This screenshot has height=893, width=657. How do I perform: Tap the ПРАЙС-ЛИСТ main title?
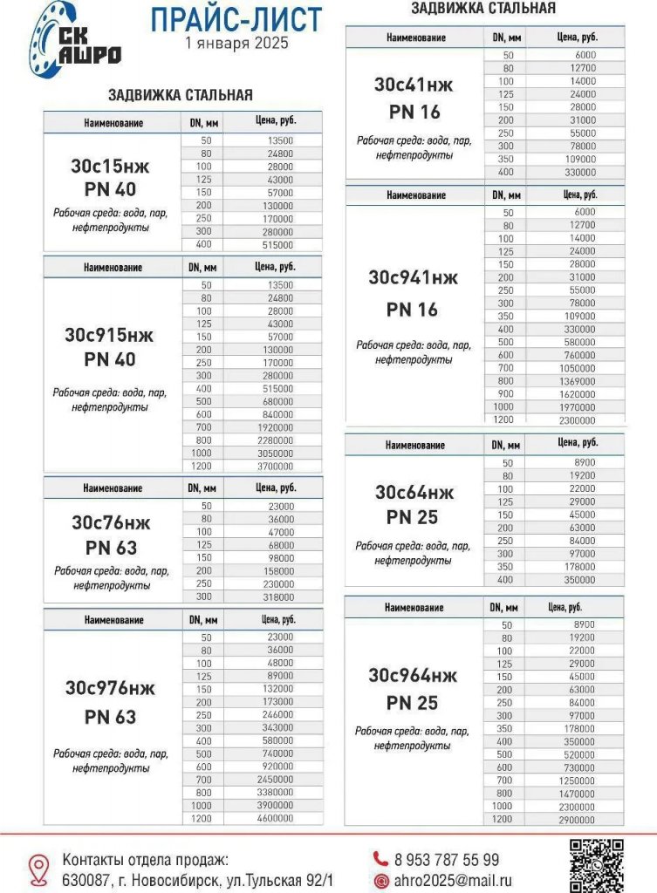(236, 18)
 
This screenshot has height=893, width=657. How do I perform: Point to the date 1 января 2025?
(236, 43)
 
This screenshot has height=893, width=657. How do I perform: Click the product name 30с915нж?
(110, 334)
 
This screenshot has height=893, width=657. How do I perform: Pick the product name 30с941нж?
(413, 277)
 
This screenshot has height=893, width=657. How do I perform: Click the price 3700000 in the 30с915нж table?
(275, 467)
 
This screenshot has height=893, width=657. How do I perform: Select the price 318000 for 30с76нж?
(277, 596)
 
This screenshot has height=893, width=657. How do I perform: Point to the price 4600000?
(275, 818)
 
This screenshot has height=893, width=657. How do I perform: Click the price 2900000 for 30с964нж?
(577, 820)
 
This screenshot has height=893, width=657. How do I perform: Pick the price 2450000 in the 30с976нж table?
(275, 779)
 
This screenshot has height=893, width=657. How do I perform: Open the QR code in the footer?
(596, 864)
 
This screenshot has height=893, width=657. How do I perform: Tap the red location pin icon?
(38, 869)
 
